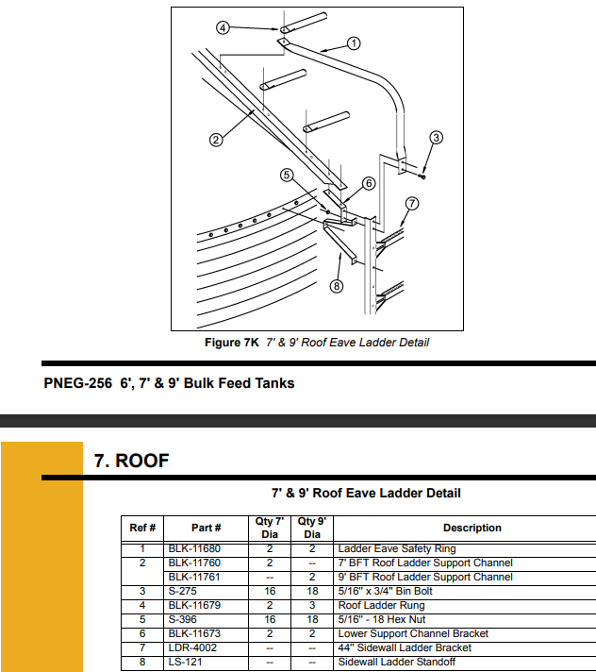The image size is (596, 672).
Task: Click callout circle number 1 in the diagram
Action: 354,42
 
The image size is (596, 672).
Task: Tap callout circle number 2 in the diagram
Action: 216,141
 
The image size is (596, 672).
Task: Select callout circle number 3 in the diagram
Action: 436,138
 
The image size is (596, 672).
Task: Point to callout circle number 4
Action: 223,28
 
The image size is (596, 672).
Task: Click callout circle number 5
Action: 287,175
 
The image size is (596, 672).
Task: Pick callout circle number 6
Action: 369,183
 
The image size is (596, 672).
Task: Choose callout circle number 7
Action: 412,203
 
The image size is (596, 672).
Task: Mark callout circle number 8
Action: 336,286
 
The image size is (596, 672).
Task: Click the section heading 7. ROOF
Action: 131,461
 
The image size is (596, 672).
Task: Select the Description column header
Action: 472,528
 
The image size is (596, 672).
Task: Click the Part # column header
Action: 206,528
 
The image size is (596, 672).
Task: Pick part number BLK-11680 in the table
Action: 194,548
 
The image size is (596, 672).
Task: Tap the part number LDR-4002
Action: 192,647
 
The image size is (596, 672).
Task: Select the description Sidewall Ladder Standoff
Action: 396,662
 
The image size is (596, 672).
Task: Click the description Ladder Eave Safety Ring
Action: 396,548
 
